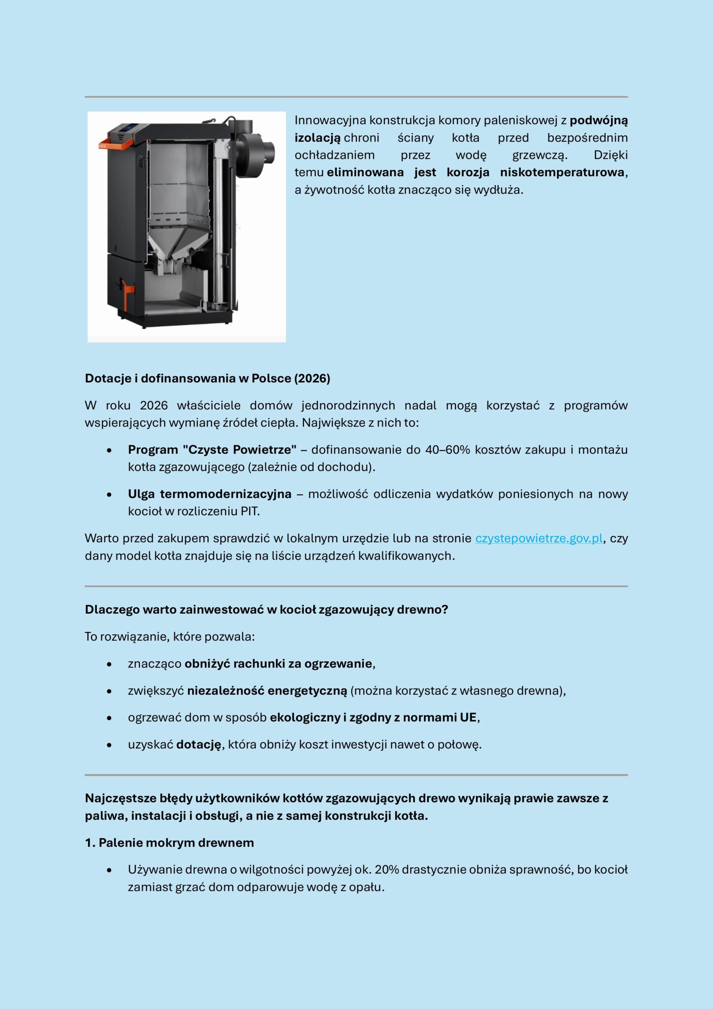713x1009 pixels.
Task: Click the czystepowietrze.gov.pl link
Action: click(538, 538)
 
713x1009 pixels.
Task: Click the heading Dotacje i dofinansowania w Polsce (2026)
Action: click(207, 378)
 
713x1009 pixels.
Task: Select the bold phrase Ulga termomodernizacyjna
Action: click(210, 494)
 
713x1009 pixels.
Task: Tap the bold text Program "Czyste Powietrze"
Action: click(212, 450)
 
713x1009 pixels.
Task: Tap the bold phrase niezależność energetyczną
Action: click(267, 691)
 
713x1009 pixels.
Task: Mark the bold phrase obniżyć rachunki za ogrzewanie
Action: click(278, 664)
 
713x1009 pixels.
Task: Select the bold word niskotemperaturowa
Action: click(562, 172)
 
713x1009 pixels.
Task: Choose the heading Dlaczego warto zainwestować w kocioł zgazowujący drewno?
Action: click(266, 610)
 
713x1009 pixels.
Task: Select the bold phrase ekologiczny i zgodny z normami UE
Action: click(373, 718)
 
